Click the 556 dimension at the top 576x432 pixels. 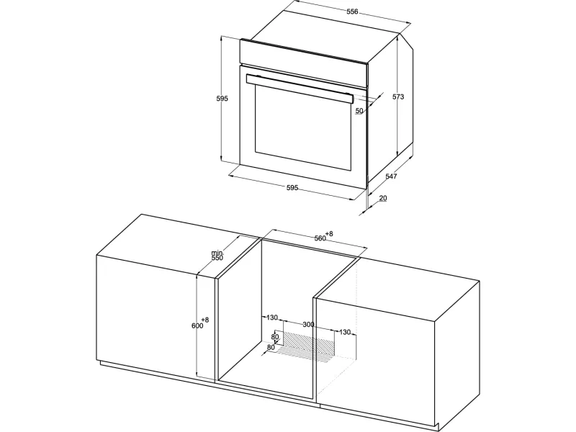352,12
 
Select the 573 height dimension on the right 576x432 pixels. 398,96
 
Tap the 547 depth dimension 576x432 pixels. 391,176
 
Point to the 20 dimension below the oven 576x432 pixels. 382,198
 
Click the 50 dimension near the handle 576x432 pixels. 359,111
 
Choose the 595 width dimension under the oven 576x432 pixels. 292,188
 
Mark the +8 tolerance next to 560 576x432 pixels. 329,233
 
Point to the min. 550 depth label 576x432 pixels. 217,256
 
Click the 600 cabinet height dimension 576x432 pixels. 197,325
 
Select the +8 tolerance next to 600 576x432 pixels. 205,320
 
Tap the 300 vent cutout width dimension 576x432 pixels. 307,325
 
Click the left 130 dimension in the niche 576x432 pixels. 271,318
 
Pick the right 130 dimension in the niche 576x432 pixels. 344,332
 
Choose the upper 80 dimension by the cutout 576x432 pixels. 275,337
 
